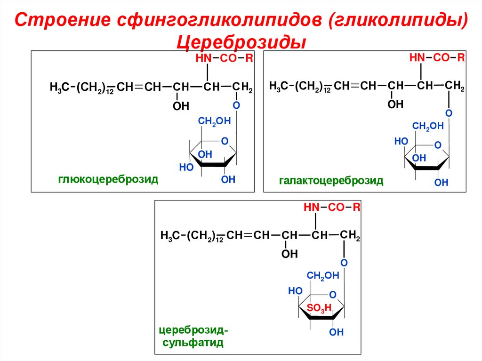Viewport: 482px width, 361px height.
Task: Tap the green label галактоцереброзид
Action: pyautogui.click(x=331, y=180)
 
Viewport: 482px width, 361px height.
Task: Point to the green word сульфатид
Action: pyautogui.click(x=193, y=342)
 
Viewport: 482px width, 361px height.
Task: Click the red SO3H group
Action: pyautogui.click(x=319, y=308)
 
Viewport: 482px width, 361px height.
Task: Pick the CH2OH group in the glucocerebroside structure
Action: pyautogui.click(x=214, y=121)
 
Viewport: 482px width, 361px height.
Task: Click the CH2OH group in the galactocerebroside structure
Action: pyautogui.click(x=428, y=126)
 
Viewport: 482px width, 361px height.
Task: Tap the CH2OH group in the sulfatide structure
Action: pyautogui.click(x=322, y=276)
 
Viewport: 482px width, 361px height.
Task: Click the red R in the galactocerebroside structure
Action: pyautogui.click(x=461, y=57)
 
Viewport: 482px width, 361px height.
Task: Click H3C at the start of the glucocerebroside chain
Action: pyautogui.click(x=59, y=88)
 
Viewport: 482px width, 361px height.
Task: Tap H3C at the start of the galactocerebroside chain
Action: pyautogui.click(x=279, y=86)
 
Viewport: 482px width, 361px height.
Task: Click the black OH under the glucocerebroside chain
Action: pyautogui.click(x=181, y=106)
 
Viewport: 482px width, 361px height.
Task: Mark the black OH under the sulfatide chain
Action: pyautogui.click(x=289, y=254)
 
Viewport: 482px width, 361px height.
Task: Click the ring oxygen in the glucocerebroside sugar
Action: pyautogui.click(x=225, y=141)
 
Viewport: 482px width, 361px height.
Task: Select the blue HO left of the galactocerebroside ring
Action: pyautogui.click(x=401, y=141)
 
